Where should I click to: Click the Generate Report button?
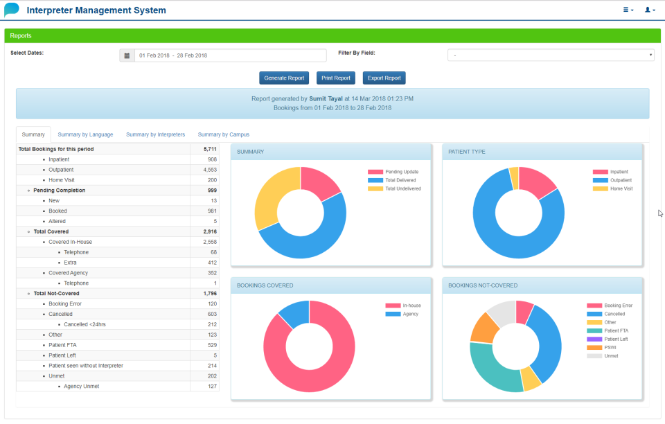pyautogui.click(x=284, y=78)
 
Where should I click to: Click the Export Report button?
pyautogui.click(x=384, y=78)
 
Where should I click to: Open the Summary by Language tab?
pyautogui.click(x=85, y=134)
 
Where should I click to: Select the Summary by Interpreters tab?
pyautogui.click(x=155, y=134)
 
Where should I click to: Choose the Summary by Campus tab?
pyautogui.click(x=223, y=134)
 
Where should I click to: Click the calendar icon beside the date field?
pyautogui.click(x=127, y=55)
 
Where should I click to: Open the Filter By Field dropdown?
pyautogui.click(x=551, y=55)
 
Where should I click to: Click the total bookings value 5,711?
pyautogui.click(x=210, y=149)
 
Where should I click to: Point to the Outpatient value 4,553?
pyautogui.click(x=210, y=170)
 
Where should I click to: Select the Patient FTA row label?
pyautogui.click(x=62, y=345)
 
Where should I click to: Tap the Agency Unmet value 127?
pyautogui.click(x=212, y=386)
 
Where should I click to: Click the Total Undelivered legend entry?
pyautogui.click(x=402, y=188)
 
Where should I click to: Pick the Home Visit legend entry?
pyautogui.click(x=621, y=188)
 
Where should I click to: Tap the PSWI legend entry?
pyautogui.click(x=610, y=347)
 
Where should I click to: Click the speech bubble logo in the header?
pyautogui.click(x=12, y=10)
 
